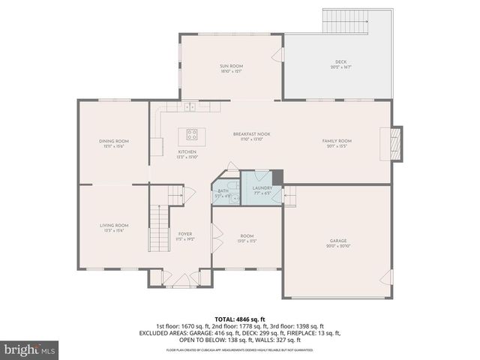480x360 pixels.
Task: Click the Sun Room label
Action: (x=231, y=68)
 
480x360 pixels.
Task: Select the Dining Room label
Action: (x=114, y=143)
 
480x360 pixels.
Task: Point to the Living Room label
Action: (x=114, y=227)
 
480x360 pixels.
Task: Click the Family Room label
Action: (x=337, y=142)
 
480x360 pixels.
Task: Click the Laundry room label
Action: (x=262, y=190)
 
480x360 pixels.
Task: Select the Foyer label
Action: (x=184, y=236)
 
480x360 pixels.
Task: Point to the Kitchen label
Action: (x=187, y=154)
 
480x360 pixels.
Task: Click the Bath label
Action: (x=223, y=193)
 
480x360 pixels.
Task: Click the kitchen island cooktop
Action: (x=191, y=136)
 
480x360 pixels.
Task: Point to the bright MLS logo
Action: (x=30, y=349)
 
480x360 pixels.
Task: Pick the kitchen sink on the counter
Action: (x=190, y=106)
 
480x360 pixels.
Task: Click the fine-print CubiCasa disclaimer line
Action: (x=240, y=350)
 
